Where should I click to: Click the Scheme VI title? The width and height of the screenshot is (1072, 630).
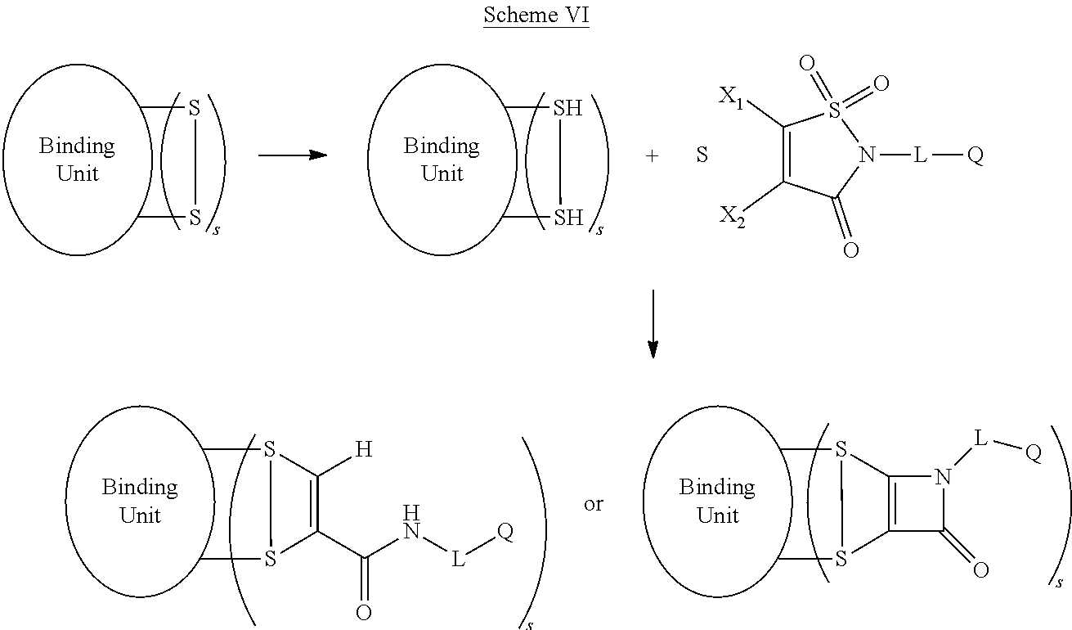click(536, 15)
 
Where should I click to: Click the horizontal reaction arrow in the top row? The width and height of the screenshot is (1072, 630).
click(292, 155)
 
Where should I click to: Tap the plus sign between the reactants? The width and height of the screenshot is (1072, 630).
click(652, 155)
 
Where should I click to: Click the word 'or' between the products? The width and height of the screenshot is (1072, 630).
click(593, 503)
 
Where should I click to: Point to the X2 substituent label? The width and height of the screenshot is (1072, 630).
click(732, 217)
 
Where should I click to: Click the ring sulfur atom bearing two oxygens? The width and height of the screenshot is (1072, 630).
click(834, 110)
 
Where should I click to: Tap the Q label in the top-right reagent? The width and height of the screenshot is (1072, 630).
click(975, 155)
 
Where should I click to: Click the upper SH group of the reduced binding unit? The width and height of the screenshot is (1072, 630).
click(567, 107)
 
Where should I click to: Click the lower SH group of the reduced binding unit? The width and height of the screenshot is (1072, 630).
click(567, 218)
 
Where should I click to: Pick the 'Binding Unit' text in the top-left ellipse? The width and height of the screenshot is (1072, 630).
click(77, 160)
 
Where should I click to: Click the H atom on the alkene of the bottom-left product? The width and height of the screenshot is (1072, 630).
click(363, 450)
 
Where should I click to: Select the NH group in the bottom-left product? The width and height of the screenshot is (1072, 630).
click(411, 524)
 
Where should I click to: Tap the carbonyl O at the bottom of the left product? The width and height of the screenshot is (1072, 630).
click(363, 612)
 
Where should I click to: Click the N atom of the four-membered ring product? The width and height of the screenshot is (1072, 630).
click(944, 477)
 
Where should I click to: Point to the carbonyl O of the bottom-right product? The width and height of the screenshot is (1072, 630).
click(980, 570)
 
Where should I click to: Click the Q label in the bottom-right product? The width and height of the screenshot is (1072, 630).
click(1033, 455)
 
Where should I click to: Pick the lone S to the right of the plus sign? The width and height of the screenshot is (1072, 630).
click(702, 155)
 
